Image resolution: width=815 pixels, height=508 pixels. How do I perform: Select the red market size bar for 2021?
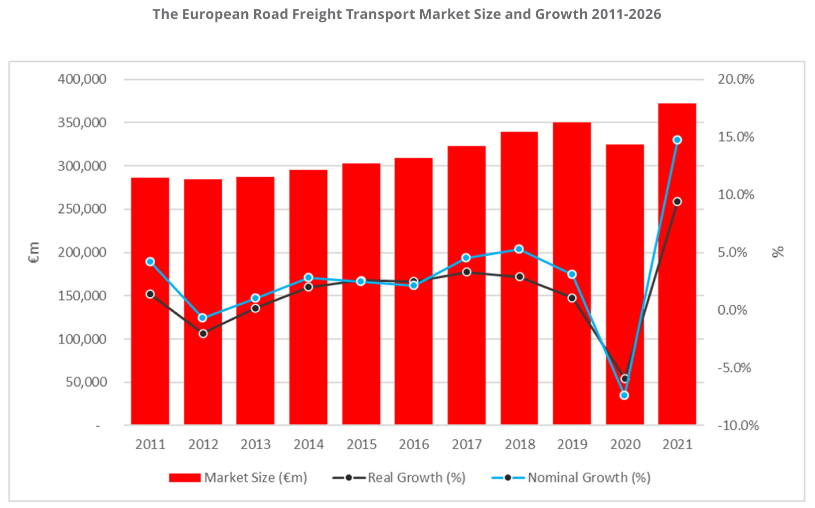[677, 264]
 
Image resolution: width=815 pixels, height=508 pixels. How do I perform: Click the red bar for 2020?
[625, 284]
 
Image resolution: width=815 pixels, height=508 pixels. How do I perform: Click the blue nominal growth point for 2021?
[677, 140]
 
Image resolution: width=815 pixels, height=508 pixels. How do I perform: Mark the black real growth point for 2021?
[677, 202]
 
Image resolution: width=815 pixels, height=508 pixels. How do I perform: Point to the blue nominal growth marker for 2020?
[624, 395]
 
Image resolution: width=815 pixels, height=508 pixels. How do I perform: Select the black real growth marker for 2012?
[203, 334]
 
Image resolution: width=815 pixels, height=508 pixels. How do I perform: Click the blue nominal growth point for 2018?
[519, 249]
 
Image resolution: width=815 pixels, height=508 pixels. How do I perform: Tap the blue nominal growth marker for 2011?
[150, 261]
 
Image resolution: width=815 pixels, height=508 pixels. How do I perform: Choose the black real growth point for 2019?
[572, 298]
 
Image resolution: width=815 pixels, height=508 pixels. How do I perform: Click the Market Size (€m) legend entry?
[238, 478]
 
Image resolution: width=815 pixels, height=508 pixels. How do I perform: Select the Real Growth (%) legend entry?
[399, 478]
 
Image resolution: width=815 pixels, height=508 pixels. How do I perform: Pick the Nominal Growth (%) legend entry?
[571, 478]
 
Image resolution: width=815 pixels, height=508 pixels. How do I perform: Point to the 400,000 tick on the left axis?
[82, 79]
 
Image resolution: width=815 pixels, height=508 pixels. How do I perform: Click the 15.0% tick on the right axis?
[736, 137]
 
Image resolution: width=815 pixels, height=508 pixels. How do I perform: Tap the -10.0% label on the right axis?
[738, 425]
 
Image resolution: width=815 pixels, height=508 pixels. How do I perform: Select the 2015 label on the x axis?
[361, 444]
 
